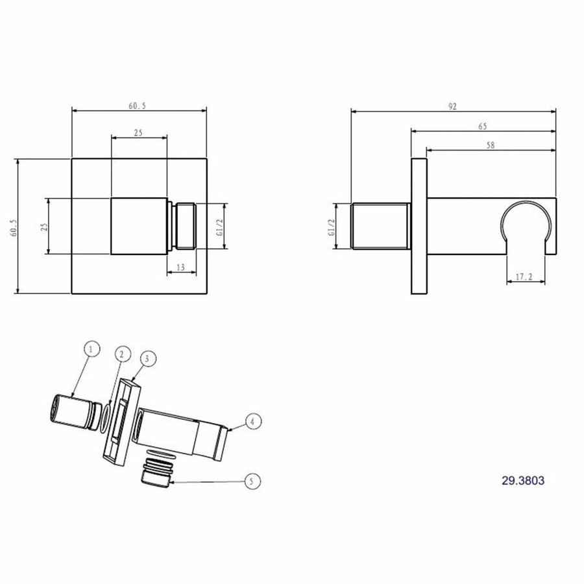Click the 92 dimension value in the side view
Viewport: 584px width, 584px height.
452,106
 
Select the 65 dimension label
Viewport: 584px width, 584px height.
482,126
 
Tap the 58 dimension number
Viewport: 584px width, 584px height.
490,146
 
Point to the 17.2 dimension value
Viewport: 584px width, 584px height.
524,276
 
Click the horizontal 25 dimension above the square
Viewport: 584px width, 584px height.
138,133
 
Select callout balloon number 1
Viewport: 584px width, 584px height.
91,349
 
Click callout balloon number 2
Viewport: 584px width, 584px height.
120,354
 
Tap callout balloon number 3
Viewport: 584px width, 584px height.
147,358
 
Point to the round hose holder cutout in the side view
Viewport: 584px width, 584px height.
527,224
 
